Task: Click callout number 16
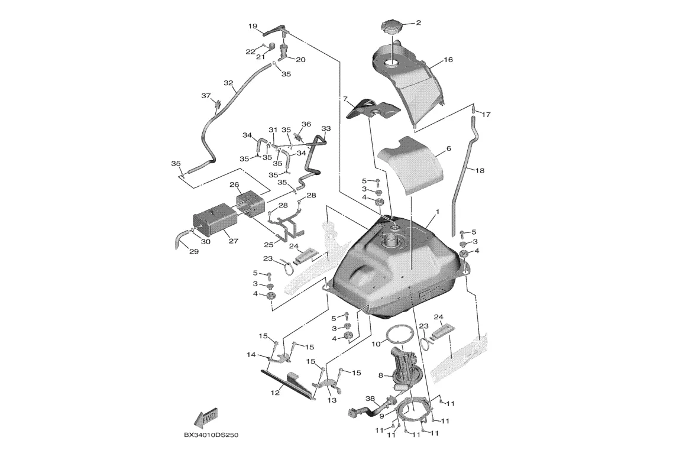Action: click(x=448, y=60)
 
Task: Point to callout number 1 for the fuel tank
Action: click(x=437, y=211)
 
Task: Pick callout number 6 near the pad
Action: click(x=448, y=149)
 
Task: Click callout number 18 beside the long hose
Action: click(x=479, y=170)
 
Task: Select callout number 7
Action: click(x=345, y=99)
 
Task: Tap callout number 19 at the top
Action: click(x=253, y=26)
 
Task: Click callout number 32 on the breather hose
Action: click(x=228, y=83)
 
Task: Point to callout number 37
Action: click(x=206, y=96)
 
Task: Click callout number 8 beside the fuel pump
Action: click(x=381, y=375)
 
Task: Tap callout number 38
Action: click(x=370, y=399)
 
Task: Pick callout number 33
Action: click(x=326, y=128)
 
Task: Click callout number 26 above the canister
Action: click(x=234, y=184)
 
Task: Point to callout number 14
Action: click(x=251, y=355)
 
